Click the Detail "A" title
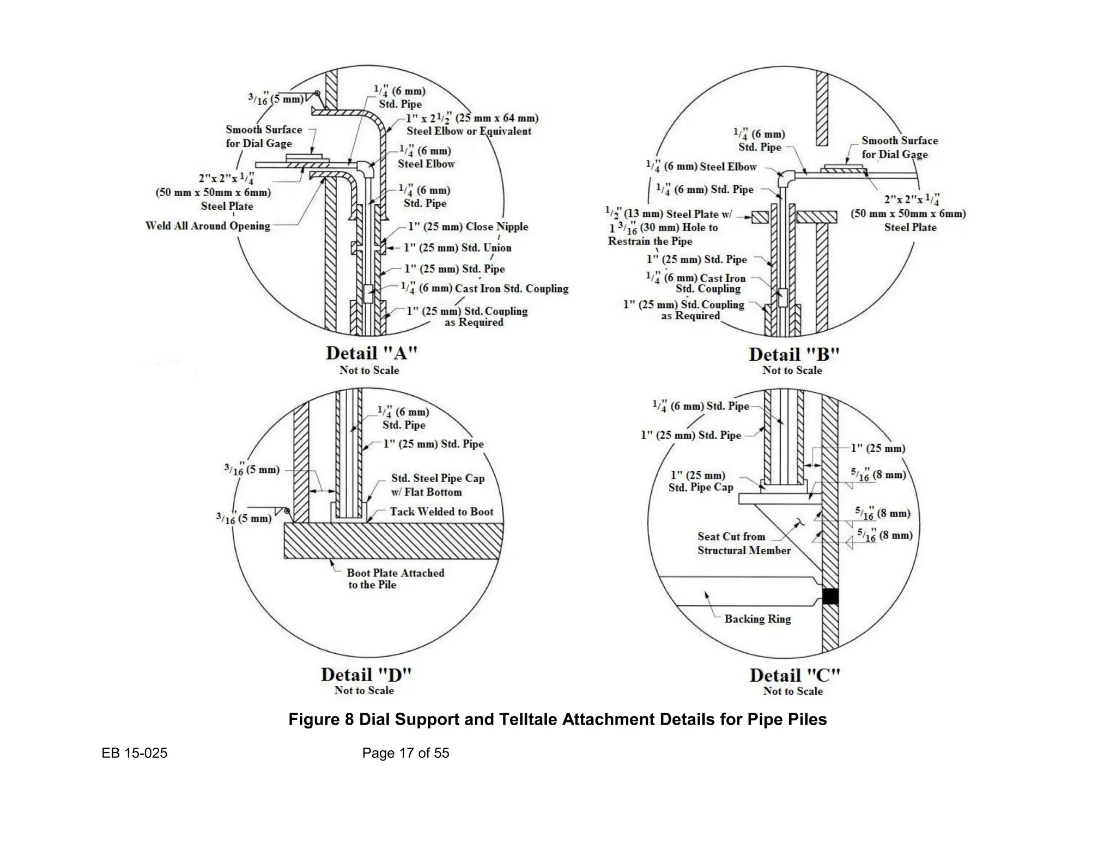coord(371,353)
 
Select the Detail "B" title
coord(793,355)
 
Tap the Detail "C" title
coord(794,676)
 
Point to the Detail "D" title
coord(366,675)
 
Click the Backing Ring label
coord(757,619)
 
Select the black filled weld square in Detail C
coord(830,596)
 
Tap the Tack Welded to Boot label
coord(441,512)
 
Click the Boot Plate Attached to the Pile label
coord(395,579)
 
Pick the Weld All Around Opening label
coord(208,226)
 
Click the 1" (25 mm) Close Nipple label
coord(468,227)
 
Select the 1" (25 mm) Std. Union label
coord(457,248)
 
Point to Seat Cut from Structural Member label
coord(743,543)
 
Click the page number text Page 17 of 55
coord(405,753)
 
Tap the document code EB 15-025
coord(135,753)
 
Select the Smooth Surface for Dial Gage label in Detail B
coord(899,147)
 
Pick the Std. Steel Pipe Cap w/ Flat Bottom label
coord(437,485)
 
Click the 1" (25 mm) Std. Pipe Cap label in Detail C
coord(700,481)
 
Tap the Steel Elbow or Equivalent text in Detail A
coord(469,131)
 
